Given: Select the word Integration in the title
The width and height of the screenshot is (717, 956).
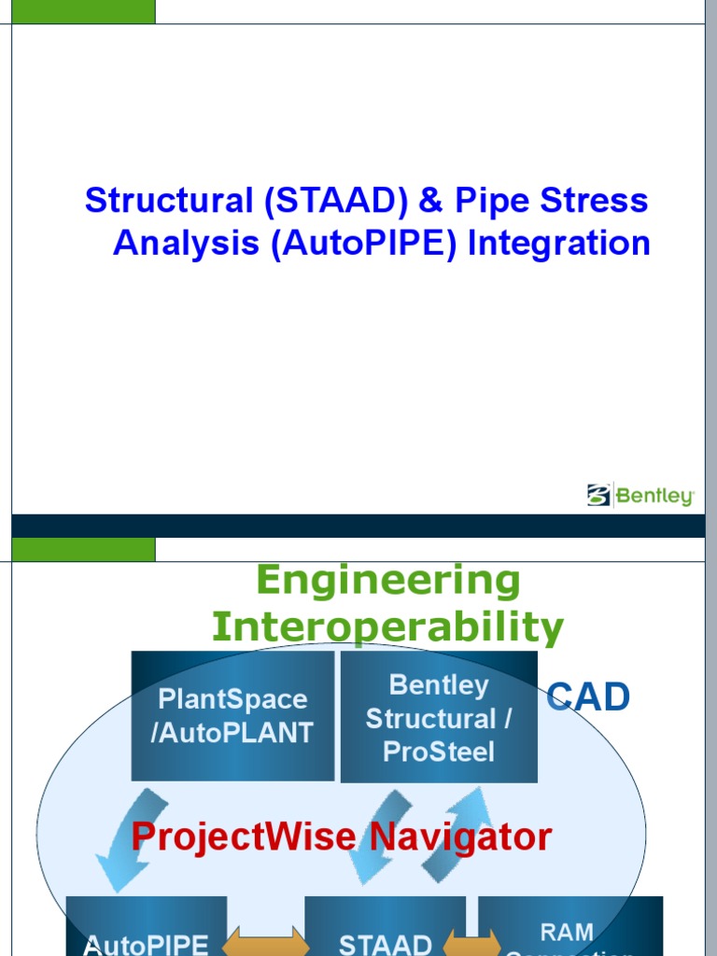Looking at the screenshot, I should tap(558, 244).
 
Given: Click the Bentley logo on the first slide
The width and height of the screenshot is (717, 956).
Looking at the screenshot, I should tap(640, 495).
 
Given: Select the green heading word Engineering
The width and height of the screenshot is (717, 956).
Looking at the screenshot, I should tap(387, 581).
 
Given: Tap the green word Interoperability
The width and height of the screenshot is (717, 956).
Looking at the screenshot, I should tap(387, 626).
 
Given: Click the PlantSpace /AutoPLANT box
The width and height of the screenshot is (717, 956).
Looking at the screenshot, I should tap(232, 715).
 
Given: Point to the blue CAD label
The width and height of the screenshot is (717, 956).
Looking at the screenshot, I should tap(588, 697).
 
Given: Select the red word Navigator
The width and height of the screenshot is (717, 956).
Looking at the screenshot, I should tap(460, 837).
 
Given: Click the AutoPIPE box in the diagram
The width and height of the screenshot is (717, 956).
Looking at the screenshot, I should tap(147, 929).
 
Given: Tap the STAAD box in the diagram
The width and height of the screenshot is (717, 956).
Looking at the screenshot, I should tap(385, 929).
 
